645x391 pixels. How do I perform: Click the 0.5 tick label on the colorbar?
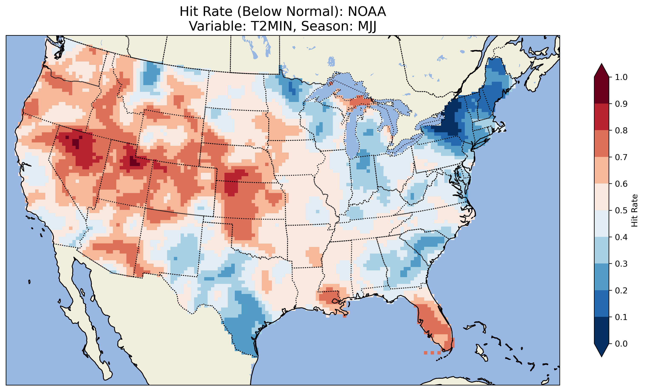point(621,210)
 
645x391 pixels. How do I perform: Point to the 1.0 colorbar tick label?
point(621,77)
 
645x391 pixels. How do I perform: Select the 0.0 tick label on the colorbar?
point(621,344)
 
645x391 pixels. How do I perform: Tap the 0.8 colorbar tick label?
point(621,130)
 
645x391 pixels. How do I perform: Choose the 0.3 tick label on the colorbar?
point(621,264)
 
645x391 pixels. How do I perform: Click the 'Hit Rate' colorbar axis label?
point(634,210)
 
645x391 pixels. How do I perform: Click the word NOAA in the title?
point(367,12)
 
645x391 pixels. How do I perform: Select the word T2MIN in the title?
point(271,26)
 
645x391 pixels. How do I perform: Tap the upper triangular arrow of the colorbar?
point(602,71)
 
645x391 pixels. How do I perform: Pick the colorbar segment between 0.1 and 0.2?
point(602,304)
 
